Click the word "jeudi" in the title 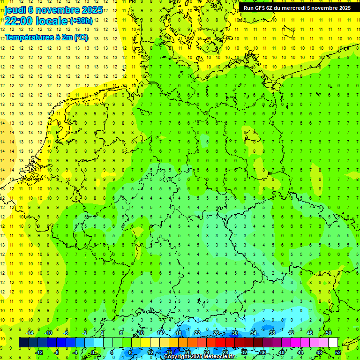(15, 9)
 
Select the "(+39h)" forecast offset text (81, 21)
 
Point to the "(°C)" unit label (81, 37)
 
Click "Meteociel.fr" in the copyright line (217, 357)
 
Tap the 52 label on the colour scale (337, 352)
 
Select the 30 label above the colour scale (234, 333)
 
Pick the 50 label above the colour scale (328, 333)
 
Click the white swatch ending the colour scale (333, 343)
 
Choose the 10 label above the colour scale (141, 333)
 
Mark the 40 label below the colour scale (281, 352)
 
